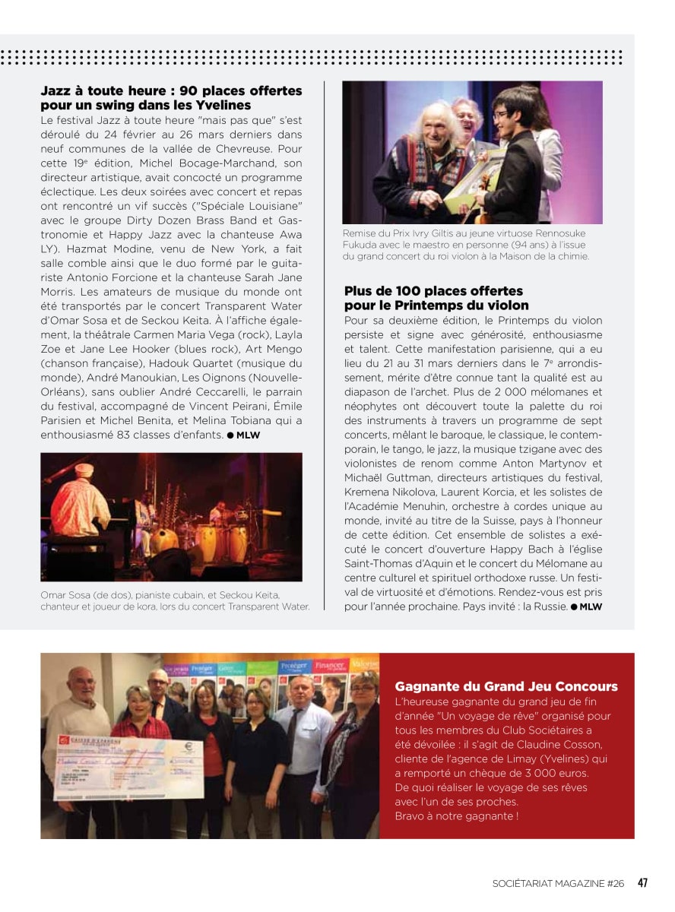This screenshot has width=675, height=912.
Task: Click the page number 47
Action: tap(642, 883)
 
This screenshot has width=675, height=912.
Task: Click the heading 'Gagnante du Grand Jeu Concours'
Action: tap(506, 686)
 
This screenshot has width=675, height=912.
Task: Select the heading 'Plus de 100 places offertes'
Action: tap(433, 291)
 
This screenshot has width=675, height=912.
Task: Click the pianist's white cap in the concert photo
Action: tap(84, 470)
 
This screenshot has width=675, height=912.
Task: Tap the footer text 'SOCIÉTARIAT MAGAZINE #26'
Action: tap(558, 884)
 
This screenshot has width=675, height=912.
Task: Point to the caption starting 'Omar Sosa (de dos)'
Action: tap(175, 600)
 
